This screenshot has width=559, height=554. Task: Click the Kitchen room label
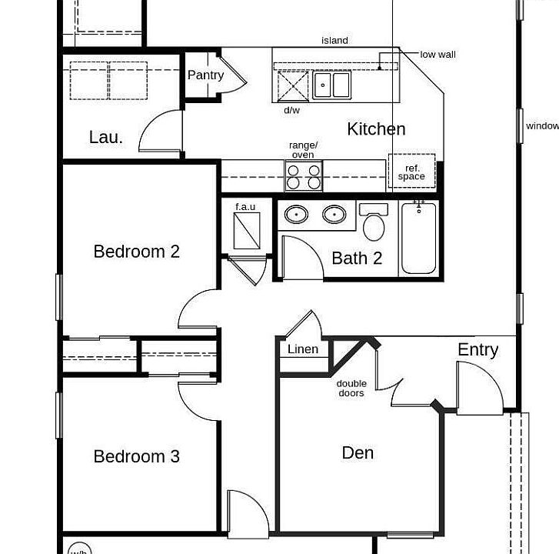[x=376, y=128]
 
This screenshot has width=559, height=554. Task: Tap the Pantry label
[x=205, y=75]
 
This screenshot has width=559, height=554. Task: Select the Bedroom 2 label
[x=136, y=251]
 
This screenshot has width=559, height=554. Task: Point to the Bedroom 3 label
[x=136, y=456]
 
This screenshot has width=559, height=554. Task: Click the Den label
[x=358, y=452]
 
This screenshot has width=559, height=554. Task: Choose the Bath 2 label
[x=357, y=258]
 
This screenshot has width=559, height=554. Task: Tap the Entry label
[x=477, y=349]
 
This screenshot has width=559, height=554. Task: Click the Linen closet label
[x=302, y=349]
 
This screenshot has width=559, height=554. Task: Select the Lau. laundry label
[x=105, y=137]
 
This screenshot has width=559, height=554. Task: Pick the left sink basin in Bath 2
[x=296, y=215]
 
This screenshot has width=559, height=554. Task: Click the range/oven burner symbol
[x=304, y=176]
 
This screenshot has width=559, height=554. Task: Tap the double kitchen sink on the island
[x=331, y=85]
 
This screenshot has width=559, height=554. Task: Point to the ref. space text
[x=411, y=172]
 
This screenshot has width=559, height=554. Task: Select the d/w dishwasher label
[x=291, y=110]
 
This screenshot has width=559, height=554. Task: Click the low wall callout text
[x=438, y=55]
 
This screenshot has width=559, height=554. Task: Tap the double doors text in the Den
[x=351, y=389]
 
